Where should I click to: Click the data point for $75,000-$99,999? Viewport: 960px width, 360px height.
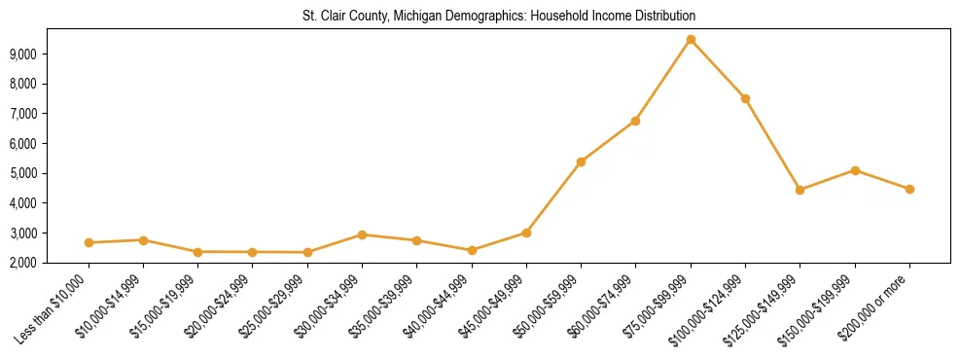point(691,40)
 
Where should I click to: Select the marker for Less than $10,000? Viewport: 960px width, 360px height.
point(89,242)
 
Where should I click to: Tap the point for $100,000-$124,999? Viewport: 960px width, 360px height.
point(745,98)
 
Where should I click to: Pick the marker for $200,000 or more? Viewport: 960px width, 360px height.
point(909,189)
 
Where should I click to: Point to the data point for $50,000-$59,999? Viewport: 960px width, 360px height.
point(581,162)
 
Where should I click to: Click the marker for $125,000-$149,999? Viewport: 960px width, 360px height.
point(800,190)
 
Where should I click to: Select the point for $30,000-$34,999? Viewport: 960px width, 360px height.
point(362,234)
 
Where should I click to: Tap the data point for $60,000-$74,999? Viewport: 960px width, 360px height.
point(635,121)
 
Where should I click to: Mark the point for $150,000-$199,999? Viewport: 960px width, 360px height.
point(855,170)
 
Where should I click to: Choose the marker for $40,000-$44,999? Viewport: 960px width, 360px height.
point(472,250)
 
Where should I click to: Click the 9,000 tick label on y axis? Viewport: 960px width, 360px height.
point(49,54)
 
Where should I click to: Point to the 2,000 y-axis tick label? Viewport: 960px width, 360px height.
point(49,264)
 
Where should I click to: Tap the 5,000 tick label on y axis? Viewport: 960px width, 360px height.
point(49,174)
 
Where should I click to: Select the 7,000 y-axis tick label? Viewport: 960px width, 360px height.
point(49,114)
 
